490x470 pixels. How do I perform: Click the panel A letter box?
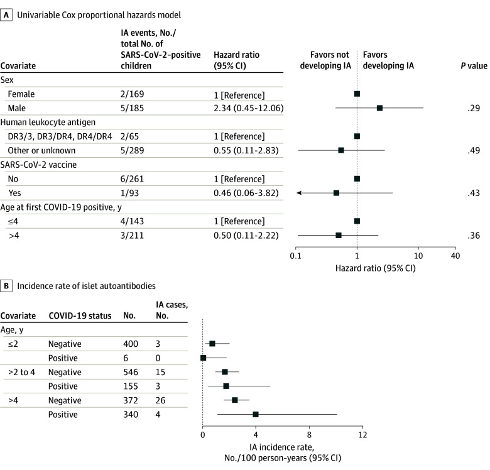[x=6, y=14]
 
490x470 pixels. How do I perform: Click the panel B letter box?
[x=6, y=286]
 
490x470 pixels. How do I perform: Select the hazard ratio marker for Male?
[x=379, y=108]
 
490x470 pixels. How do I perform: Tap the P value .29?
[x=474, y=108]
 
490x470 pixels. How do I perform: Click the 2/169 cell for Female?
[x=132, y=94]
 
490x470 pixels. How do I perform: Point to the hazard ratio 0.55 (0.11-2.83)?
[x=246, y=151]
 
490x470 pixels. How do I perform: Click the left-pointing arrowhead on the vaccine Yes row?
[x=299, y=193]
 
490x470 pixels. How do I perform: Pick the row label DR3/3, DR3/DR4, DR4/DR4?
[x=60, y=136]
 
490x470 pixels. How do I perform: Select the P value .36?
[x=474, y=235]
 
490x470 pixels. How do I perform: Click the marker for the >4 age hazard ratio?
[x=339, y=235]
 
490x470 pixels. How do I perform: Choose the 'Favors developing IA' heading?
[x=388, y=60]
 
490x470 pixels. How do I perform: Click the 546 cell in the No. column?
[x=131, y=372]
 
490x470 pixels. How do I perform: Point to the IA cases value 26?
[x=160, y=400]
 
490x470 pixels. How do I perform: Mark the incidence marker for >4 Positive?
[x=256, y=414]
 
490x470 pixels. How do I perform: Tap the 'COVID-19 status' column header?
[x=80, y=315]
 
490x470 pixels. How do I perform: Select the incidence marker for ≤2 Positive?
[x=203, y=358]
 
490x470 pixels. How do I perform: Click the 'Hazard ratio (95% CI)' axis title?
[x=375, y=268]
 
